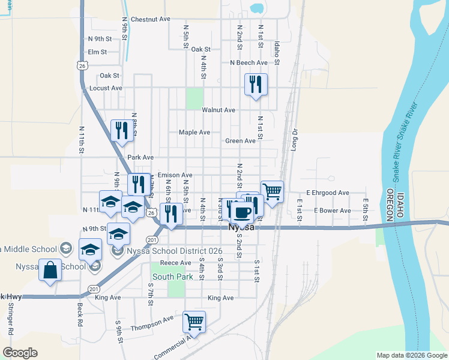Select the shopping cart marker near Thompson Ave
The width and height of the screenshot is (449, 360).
click(x=194, y=322)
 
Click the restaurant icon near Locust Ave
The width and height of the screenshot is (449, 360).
click(x=256, y=85)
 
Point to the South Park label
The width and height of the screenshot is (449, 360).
click(x=173, y=277)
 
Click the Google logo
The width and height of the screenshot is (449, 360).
click(x=20, y=353)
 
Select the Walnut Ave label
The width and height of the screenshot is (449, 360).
click(x=218, y=110)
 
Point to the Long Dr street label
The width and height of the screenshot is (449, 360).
click(x=295, y=139)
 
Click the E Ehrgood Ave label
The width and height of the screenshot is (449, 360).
click(x=327, y=193)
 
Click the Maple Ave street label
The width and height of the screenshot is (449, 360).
click(x=194, y=132)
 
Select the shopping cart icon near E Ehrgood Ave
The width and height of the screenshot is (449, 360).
click(x=272, y=192)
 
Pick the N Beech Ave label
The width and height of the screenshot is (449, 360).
click(x=249, y=62)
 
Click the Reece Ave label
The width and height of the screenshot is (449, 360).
click(x=175, y=263)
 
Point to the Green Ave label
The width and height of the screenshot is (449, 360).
click(x=240, y=141)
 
